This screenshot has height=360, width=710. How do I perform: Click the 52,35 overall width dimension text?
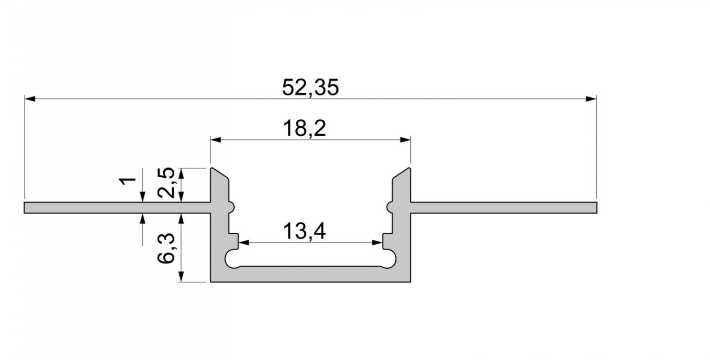(311, 88)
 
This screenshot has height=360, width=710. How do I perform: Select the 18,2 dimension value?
(304, 128)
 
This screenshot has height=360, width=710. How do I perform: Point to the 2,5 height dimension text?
(166, 183)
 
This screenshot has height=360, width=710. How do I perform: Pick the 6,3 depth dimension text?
(166, 248)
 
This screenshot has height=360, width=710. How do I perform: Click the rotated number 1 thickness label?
(127, 181)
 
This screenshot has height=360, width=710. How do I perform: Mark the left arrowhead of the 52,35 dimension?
(30, 99)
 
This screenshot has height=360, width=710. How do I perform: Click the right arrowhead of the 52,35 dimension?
(591, 99)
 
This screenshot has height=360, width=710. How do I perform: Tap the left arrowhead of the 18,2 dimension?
(216, 140)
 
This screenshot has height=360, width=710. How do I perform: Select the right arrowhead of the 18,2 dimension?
(405, 140)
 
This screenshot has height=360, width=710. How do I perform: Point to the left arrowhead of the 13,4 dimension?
(244, 243)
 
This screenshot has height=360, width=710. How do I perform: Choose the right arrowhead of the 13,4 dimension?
(377, 243)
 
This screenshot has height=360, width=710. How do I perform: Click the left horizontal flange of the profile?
(117, 208)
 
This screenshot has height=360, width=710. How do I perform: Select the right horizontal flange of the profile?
(504, 208)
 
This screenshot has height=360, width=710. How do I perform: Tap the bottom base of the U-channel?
(311, 274)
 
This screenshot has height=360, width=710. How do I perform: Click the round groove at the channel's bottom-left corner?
(233, 259)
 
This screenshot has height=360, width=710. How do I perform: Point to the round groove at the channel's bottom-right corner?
(389, 259)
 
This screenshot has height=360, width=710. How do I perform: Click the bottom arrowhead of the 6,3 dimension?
(181, 276)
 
